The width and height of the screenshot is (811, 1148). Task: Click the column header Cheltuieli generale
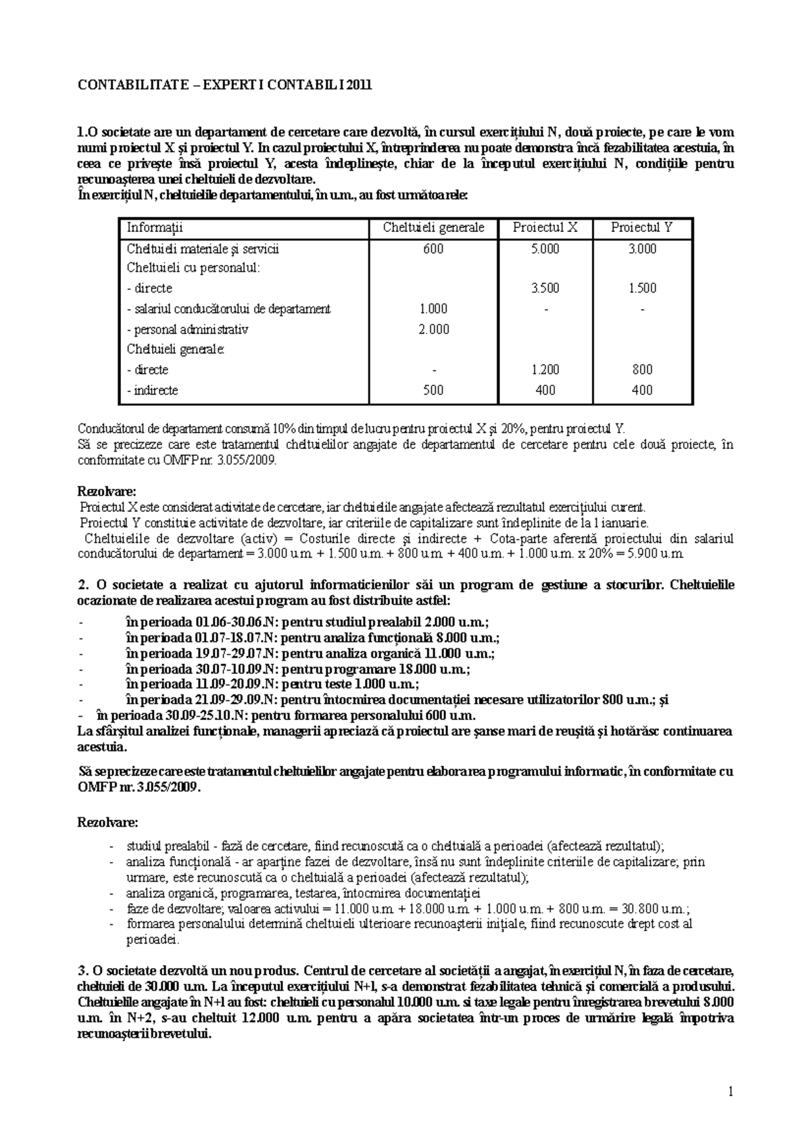pyautogui.click(x=433, y=228)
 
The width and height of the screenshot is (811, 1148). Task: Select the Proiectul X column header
pyautogui.click(x=545, y=228)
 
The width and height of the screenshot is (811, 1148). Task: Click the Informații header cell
pyautogui.click(x=155, y=228)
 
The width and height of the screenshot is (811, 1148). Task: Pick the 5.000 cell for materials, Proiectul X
pyautogui.click(x=545, y=249)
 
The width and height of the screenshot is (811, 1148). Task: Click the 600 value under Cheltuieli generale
pyautogui.click(x=433, y=249)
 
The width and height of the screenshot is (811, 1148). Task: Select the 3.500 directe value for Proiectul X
pyautogui.click(x=545, y=288)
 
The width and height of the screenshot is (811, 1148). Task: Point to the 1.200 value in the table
pyautogui.click(x=545, y=370)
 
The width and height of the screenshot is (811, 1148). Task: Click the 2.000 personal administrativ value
pyautogui.click(x=433, y=329)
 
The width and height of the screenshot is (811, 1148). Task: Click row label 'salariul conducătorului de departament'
pyautogui.click(x=228, y=309)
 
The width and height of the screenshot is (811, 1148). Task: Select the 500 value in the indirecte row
pyautogui.click(x=433, y=390)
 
